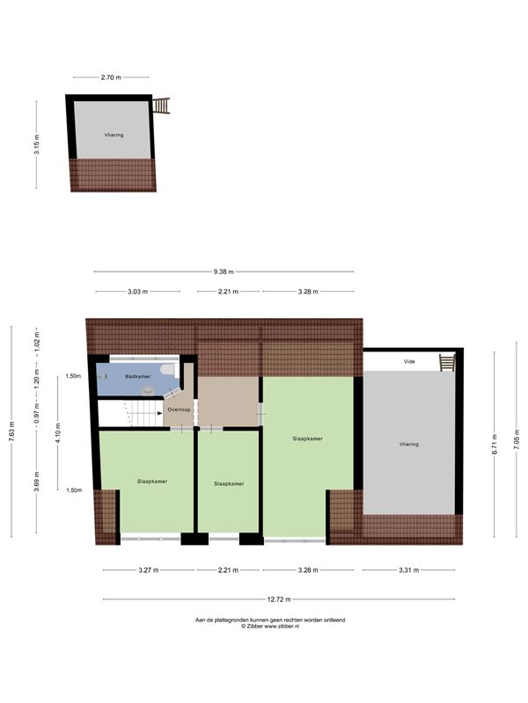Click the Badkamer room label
pos(138,377)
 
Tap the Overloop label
pos(179,409)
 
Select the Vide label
pos(409,361)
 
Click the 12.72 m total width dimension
pos(279,599)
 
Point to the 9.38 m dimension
pos(224,272)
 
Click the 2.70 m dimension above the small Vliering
pos(111,77)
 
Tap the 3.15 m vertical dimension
pos(36,144)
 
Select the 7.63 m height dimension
pos(11,431)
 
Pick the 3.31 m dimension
pos(408,570)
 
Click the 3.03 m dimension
pos(137,292)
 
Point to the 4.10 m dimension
pos(57,433)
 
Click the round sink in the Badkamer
pos(147,390)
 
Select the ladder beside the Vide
pos(447,362)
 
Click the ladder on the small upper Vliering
pos(161,105)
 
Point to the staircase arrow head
pos(160,413)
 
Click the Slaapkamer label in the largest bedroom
pos(307,438)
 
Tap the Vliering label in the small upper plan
pos(114,135)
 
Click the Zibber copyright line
pos(270,627)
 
